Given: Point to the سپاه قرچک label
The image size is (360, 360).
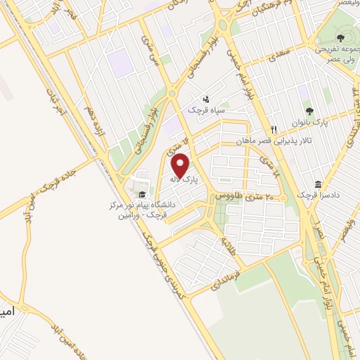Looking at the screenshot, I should (205, 110).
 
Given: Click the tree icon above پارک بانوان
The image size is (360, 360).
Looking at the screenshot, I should (309, 110).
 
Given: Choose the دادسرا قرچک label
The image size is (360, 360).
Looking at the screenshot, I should (312, 194).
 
